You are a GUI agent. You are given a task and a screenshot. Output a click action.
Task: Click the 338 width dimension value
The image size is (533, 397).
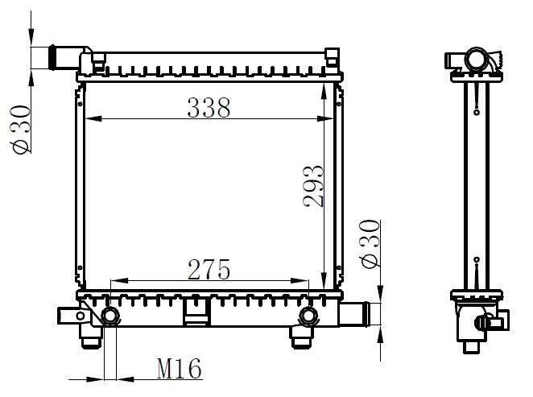click(x=209, y=108)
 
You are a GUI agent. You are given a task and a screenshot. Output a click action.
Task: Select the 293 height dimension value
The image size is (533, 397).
click(x=313, y=186)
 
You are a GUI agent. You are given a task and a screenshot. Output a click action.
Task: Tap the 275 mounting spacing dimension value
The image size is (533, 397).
click(x=209, y=270)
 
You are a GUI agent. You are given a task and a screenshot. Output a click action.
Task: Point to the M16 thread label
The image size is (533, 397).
click(x=179, y=369)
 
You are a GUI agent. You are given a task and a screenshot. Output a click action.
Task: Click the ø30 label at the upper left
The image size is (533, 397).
click(x=21, y=130)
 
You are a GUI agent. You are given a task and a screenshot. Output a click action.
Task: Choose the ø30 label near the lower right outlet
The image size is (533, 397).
click(x=370, y=243)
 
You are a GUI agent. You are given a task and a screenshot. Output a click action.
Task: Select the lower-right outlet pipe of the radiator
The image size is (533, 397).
click(x=354, y=314)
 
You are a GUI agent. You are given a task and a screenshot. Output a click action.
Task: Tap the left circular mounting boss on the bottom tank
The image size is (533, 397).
click(x=109, y=316)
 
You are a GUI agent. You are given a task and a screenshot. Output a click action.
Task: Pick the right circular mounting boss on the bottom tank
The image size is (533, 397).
click(x=308, y=316)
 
